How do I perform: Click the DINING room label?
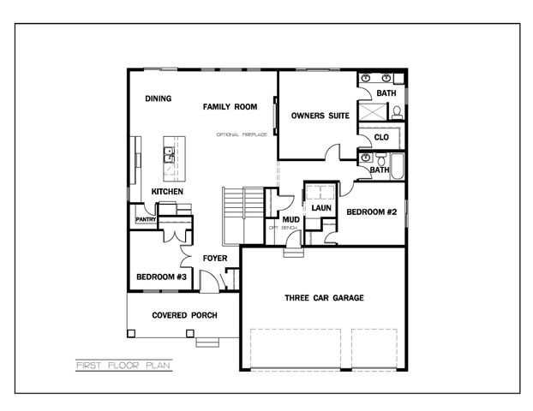point(158,98)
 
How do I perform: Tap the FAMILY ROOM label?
point(230,107)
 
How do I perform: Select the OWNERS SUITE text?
point(320,116)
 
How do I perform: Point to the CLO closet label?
point(381,137)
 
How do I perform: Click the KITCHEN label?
point(167,191)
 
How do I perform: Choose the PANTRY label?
point(143,220)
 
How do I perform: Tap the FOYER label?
point(214,258)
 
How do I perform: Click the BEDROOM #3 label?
point(161,277)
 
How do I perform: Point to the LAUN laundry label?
point(321,207)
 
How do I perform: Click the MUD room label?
point(279,220)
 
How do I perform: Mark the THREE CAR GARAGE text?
point(324,298)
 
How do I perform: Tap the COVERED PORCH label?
point(184,315)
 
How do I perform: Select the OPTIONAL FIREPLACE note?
point(243,134)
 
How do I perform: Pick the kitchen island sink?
point(170,154)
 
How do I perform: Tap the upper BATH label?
point(386,92)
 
